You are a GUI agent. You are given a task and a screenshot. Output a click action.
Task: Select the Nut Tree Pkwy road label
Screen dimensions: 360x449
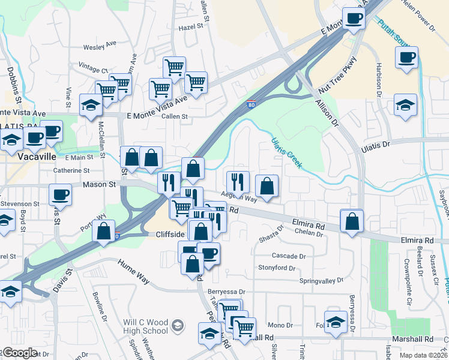point(338,74)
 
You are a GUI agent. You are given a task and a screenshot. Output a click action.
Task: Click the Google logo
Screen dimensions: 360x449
point(20,353)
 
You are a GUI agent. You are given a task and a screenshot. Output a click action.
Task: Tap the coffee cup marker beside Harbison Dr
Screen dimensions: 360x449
point(407,58)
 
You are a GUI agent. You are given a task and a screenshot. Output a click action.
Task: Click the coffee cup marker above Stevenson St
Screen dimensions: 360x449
point(60,195)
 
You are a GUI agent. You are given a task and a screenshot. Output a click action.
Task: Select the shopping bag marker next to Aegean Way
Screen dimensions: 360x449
point(267,186)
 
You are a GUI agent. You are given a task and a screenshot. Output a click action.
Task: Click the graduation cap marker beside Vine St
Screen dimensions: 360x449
point(91,106)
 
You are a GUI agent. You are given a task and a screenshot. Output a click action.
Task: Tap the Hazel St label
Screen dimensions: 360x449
point(190,28)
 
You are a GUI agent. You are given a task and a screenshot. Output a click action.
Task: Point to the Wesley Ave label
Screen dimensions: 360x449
point(100,45)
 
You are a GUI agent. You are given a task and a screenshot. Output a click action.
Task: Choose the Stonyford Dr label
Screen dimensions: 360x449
point(277,268)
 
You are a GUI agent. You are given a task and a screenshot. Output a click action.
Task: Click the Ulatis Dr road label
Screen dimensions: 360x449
point(375,145)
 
